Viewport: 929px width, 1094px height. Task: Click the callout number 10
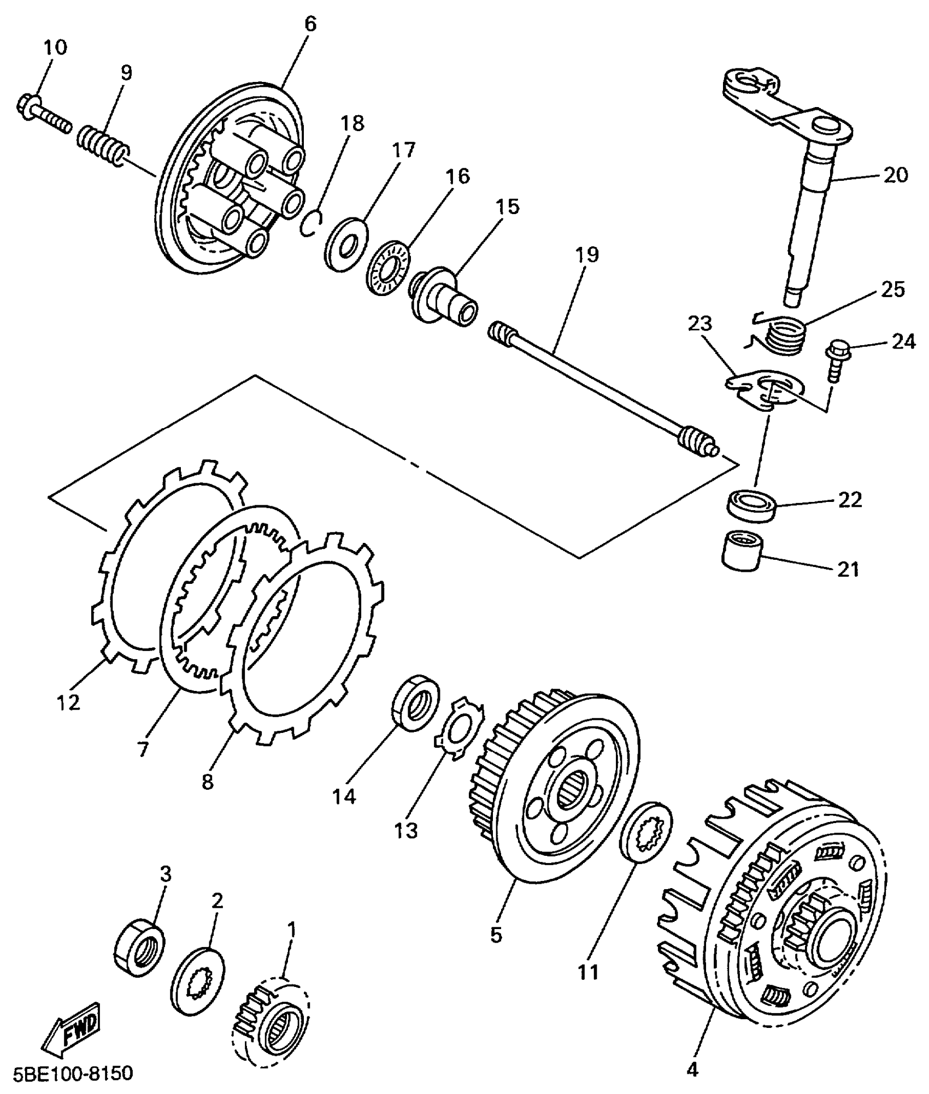[x=55, y=47]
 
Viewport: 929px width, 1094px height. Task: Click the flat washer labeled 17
[x=346, y=244]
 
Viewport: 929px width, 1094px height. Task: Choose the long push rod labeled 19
[x=601, y=389]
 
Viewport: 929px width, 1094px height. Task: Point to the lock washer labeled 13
[x=459, y=726]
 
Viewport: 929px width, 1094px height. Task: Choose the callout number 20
[x=895, y=176]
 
